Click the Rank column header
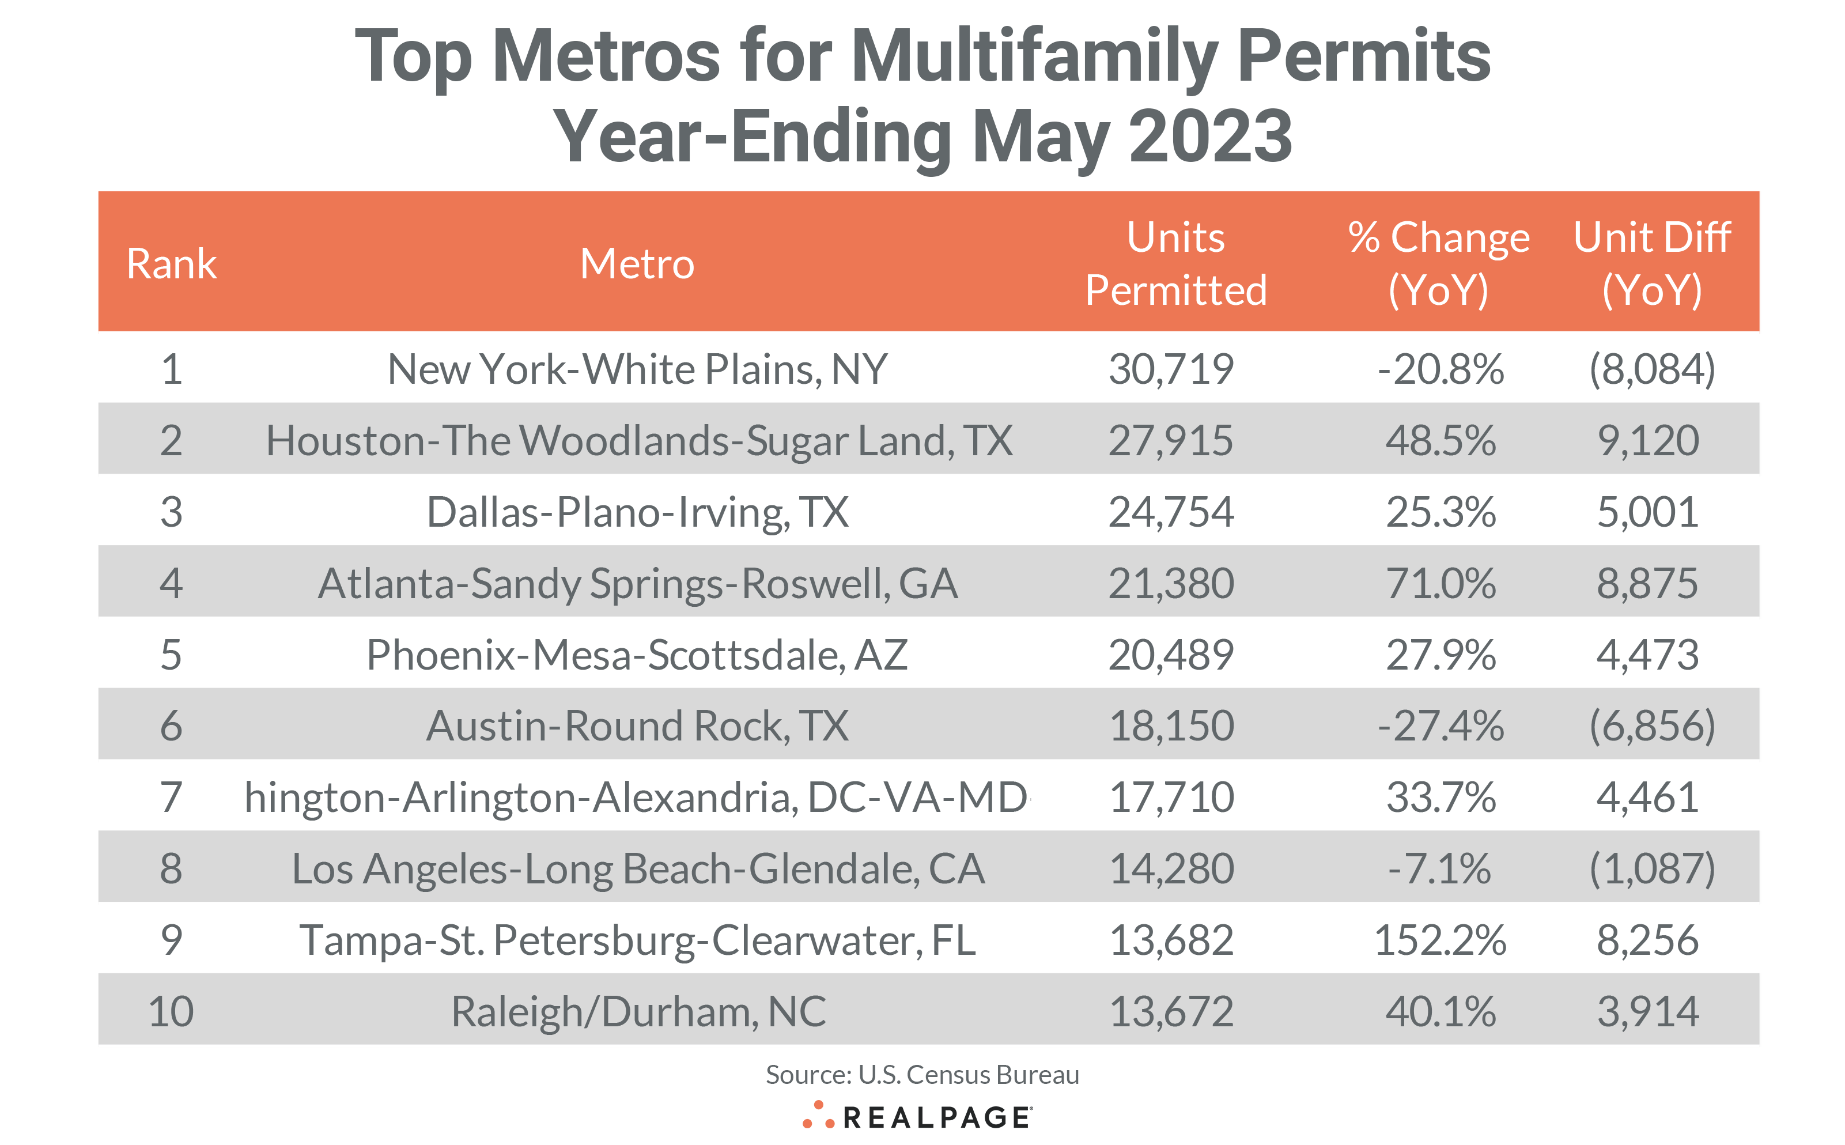tap(171, 263)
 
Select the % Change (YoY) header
tap(1438, 263)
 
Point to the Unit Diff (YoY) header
tap(1652, 263)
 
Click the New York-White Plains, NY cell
tap(637, 369)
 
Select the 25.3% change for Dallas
tap(1440, 512)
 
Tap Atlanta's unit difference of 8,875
tap(1647, 583)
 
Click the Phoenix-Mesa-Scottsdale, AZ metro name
tap(637, 655)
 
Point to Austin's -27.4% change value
tap(1440, 726)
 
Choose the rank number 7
tap(171, 798)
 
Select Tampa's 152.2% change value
tap(1440, 940)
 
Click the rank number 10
tap(171, 1012)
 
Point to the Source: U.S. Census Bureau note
tap(922, 1075)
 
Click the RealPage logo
tap(917, 1117)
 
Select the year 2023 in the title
tap(1210, 137)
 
